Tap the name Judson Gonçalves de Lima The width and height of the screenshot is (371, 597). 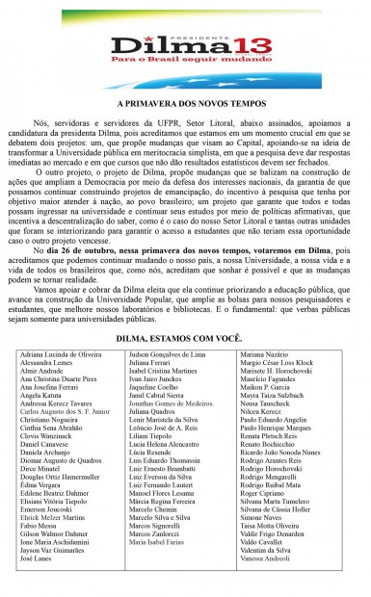[x=169, y=354]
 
